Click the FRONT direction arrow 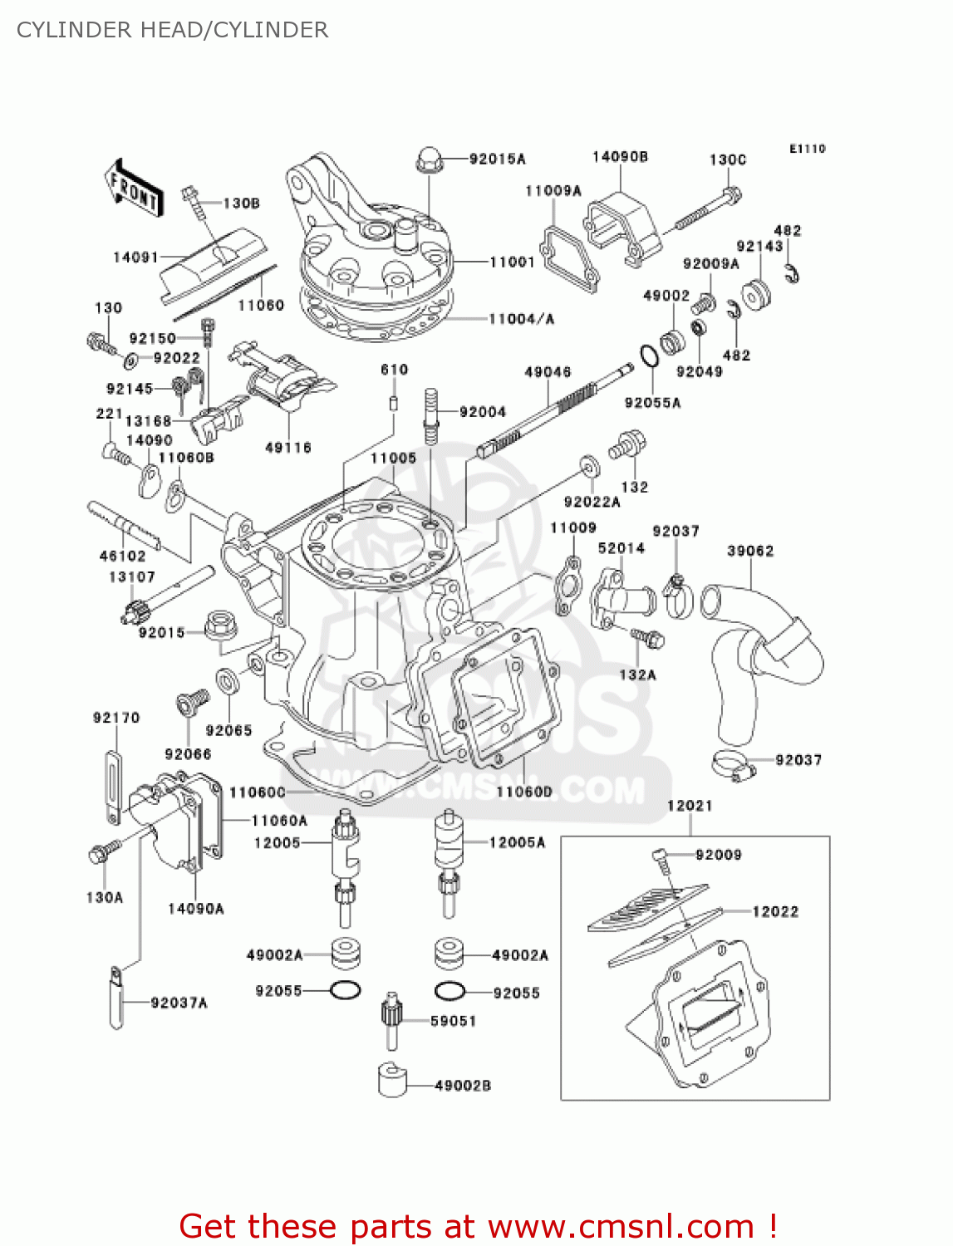pos(133,189)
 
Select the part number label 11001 pos(512,262)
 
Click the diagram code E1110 pos(807,149)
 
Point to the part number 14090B pos(620,157)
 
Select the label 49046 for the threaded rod pos(548,372)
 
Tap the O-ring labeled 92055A pos(650,355)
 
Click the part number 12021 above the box pos(690,806)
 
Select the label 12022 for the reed pos(775,912)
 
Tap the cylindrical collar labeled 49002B pos(393,1079)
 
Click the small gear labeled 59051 pos(391,1018)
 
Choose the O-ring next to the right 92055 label pos(450,992)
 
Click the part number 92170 pos(116,718)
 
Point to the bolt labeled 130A pos(102,851)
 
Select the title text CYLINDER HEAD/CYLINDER pos(172,30)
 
